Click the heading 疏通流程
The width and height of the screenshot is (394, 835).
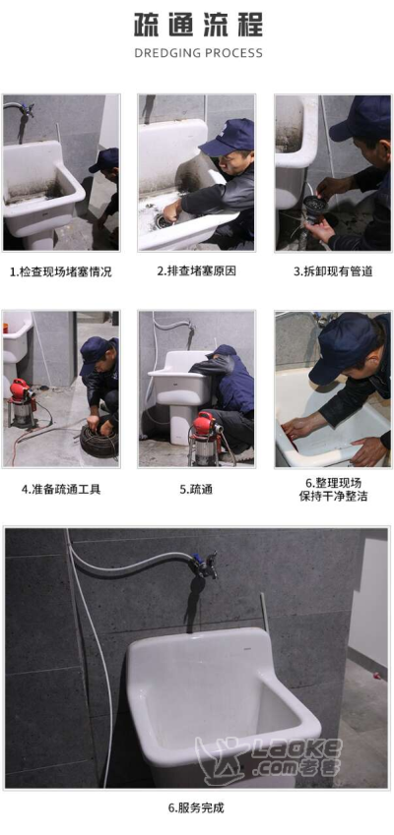click(x=198, y=26)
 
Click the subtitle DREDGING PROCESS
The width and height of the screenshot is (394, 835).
click(x=198, y=53)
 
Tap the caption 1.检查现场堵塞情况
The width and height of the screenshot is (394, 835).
click(x=61, y=272)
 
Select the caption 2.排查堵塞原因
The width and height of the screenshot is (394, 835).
click(x=196, y=271)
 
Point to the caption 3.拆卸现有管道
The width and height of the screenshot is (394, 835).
click(x=333, y=271)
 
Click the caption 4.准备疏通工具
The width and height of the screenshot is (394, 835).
click(x=61, y=490)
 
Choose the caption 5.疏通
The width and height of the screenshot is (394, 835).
click(x=196, y=490)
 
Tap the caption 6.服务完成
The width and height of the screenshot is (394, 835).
click(x=196, y=807)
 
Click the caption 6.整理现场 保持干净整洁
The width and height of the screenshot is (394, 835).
click(x=333, y=490)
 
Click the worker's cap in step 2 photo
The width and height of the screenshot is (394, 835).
click(x=228, y=138)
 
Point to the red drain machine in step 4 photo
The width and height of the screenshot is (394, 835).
click(x=22, y=402)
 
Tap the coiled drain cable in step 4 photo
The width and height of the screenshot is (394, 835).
click(x=99, y=442)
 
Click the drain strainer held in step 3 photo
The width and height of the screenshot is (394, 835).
click(x=315, y=205)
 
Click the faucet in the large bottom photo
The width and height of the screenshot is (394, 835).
click(x=205, y=566)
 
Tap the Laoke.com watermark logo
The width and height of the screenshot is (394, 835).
click(x=269, y=756)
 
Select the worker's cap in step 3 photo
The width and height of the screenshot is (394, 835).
click(x=360, y=119)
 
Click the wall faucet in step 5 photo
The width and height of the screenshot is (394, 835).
click(x=189, y=327)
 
